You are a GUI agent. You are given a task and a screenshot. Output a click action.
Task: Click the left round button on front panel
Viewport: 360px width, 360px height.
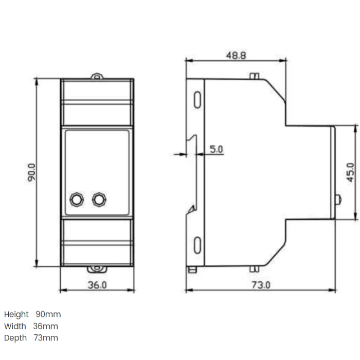tap(76, 199)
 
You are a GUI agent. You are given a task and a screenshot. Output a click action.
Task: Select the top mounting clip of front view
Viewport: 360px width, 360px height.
tap(97, 77)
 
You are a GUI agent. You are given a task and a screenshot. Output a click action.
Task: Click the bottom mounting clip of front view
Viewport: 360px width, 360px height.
tap(97, 269)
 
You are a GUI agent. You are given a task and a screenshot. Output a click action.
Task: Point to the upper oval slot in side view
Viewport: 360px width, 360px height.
tap(197, 99)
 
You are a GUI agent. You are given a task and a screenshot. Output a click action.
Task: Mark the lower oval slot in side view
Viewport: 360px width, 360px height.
tap(197, 245)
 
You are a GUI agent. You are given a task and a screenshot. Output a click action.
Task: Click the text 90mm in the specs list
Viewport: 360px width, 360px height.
tap(48, 314)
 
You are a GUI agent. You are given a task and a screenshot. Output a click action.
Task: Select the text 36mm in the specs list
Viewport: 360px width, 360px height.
tap(46, 326)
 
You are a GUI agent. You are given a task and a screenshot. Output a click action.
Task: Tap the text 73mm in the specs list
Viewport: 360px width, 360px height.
tap(46, 338)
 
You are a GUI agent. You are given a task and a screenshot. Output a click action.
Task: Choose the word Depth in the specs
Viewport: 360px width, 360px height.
tap(15, 338)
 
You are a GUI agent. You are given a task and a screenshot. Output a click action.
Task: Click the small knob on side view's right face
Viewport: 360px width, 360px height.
tap(337, 199)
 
